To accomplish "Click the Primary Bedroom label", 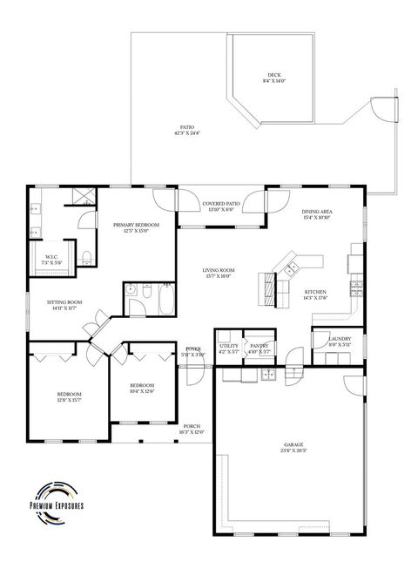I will point(135,225).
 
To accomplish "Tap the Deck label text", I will point(273,75).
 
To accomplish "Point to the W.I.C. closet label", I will point(51,256).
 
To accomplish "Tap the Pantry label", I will point(259,346).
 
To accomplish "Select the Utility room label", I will point(228,346).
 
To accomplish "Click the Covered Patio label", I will point(220,204).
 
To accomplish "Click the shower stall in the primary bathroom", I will point(84,197).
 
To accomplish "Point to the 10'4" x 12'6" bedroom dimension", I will point(142,391).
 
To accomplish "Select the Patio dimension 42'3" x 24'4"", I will point(187,133).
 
